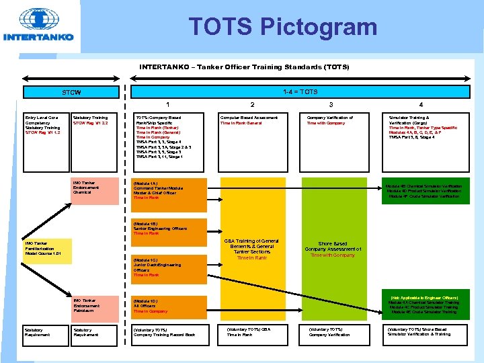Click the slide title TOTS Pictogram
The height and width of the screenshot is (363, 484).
[x=282, y=27]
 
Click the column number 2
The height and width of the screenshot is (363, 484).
[x=252, y=105]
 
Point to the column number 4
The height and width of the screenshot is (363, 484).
[x=421, y=105]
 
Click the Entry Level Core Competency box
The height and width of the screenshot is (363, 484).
[x=43, y=125]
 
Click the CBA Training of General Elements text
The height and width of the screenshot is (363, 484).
[x=252, y=249]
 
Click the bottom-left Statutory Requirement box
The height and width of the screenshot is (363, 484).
[x=42, y=332]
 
